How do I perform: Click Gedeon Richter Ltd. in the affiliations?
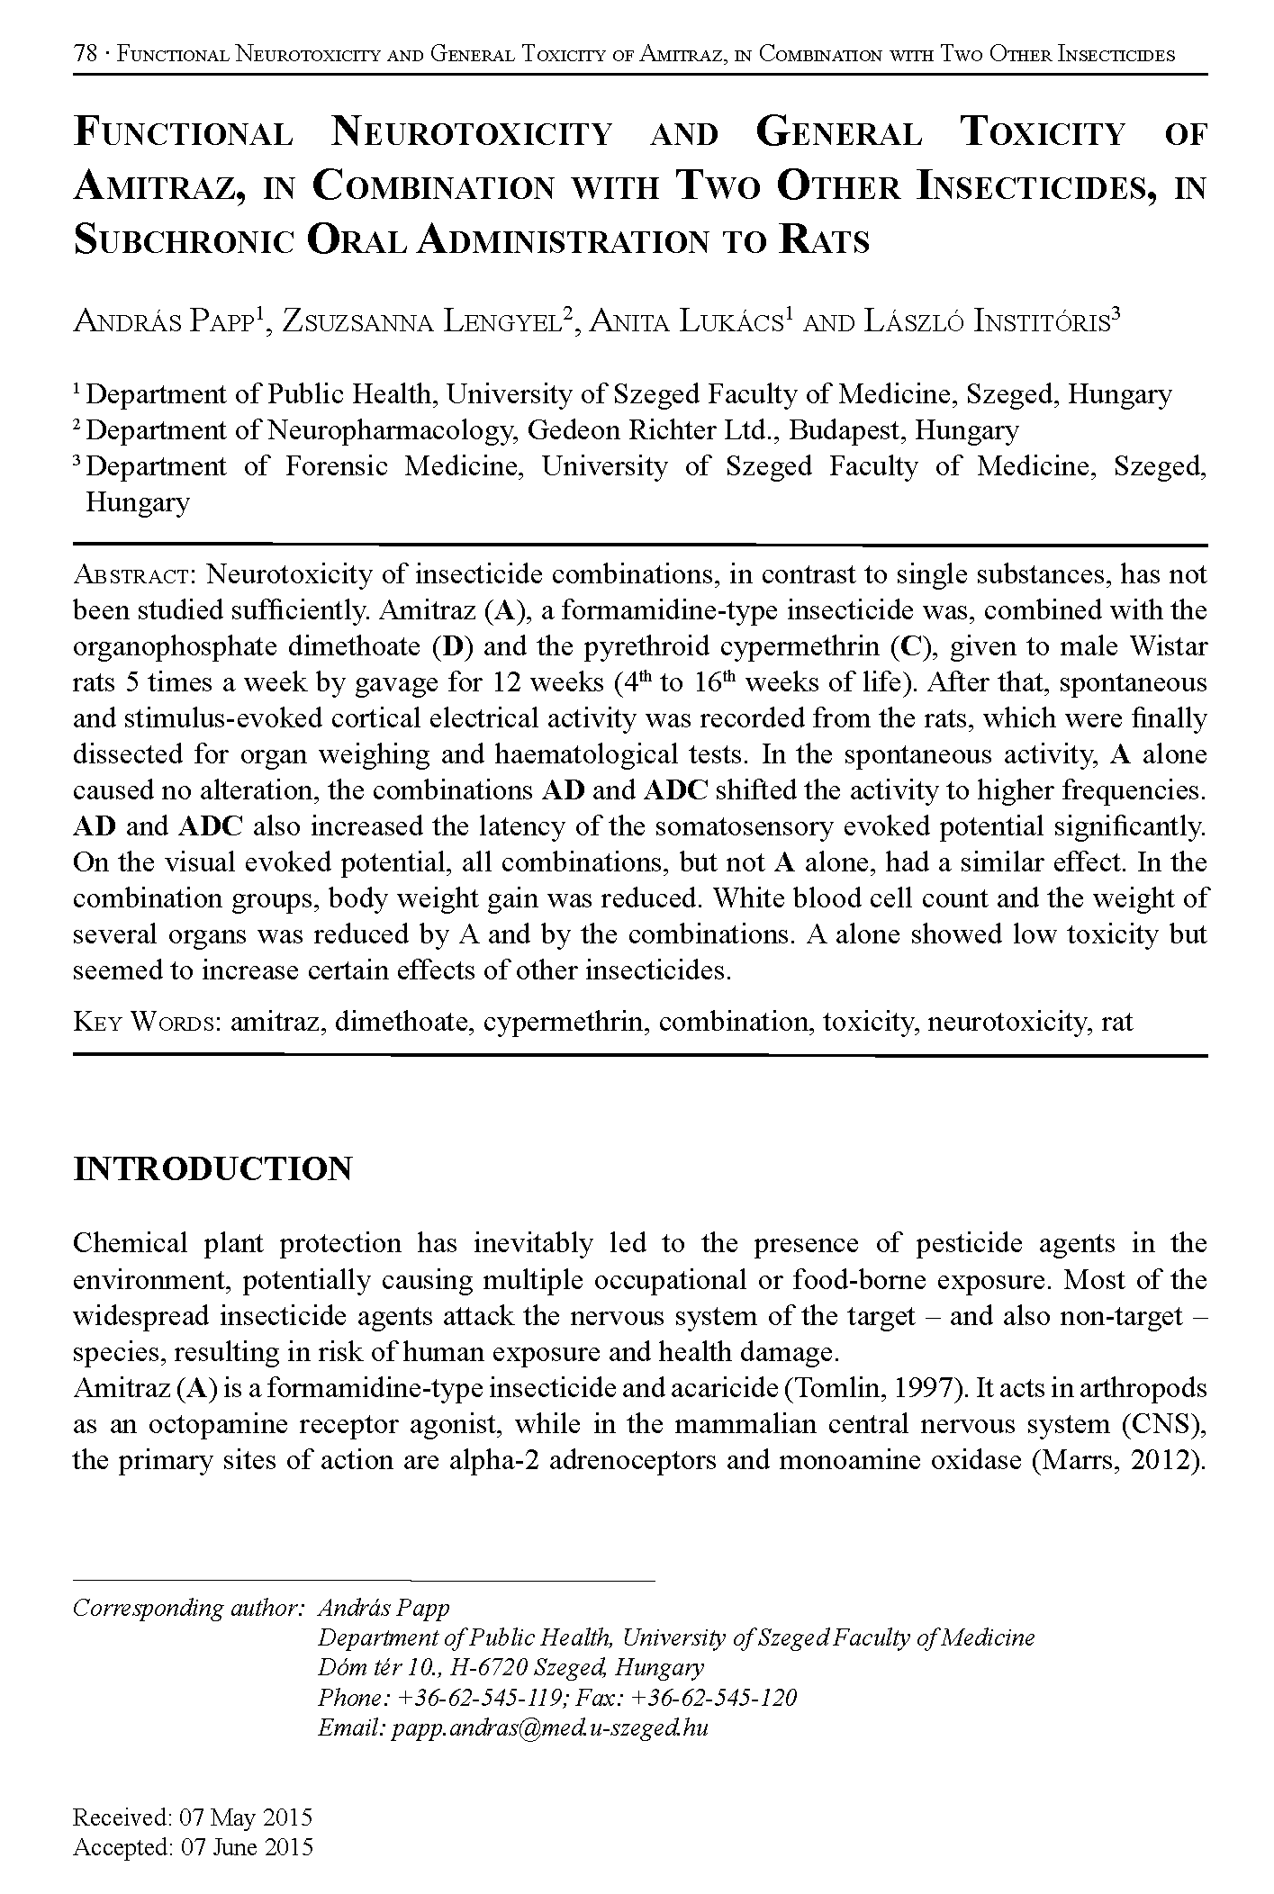[x=655, y=430]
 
